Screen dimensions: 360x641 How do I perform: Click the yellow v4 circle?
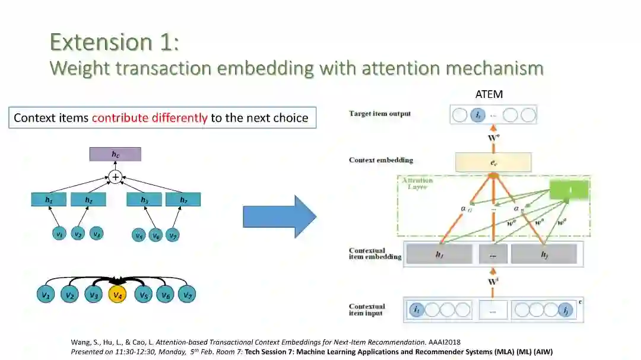pyautogui.click(x=118, y=295)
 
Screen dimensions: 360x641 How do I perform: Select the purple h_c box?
pyautogui.click(x=115, y=154)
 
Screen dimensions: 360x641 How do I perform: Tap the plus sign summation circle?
pyautogui.click(x=115, y=177)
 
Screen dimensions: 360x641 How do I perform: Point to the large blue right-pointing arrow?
pyautogui.click(x=280, y=216)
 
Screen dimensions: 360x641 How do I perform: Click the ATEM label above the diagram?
pyautogui.click(x=490, y=94)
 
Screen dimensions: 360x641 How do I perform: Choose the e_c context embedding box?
pyautogui.click(x=493, y=162)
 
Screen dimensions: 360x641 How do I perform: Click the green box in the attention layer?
pyautogui.click(x=568, y=190)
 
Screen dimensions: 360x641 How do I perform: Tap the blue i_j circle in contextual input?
pyautogui.click(x=566, y=310)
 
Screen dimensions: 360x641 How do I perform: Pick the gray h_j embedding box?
pyautogui.click(x=543, y=254)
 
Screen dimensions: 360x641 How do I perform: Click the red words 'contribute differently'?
pyautogui.click(x=150, y=117)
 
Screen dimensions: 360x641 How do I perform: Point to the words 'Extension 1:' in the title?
pyautogui.click(x=115, y=43)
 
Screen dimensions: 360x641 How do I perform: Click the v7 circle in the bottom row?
pyautogui.click(x=188, y=295)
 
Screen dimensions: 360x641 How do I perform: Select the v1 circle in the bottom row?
pyautogui.click(x=45, y=295)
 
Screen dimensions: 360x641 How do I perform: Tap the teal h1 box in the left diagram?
pyautogui.click(x=49, y=200)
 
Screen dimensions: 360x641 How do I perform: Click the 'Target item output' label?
pyautogui.click(x=380, y=113)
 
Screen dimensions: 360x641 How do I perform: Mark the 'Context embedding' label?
pyautogui.click(x=381, y=160)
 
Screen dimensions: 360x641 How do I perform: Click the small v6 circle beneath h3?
pyautogui.click(x=156, y=235)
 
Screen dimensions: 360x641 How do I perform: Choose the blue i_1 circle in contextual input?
pyautogui.click(x=417, y=310)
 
